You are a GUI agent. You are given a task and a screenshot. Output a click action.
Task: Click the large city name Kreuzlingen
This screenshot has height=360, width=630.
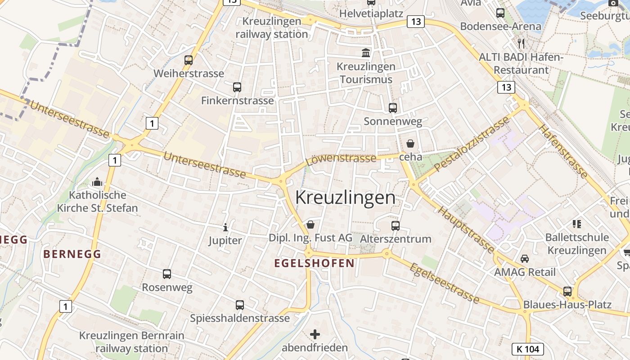pos(345,198)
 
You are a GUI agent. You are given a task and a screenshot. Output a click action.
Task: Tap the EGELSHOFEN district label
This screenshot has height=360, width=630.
pos(315,263)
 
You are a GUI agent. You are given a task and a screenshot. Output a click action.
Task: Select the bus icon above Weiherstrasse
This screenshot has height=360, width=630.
pos(189,60)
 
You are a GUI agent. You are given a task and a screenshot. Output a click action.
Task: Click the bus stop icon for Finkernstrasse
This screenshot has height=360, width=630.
pos(237,87)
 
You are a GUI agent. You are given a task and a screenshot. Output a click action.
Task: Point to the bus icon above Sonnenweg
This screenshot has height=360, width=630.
pos(393,108)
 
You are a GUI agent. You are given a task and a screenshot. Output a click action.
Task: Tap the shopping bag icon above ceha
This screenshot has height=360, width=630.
pos(410,144)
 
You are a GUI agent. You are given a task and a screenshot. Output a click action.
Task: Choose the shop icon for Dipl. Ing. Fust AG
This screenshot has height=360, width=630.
pos(310,224)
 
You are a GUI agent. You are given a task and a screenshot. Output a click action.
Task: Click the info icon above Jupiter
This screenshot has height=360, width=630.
pos(225,227)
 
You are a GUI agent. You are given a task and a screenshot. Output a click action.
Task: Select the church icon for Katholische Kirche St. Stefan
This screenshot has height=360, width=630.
pos(97,182)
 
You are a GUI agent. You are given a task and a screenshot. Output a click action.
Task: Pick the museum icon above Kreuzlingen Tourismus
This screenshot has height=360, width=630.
pos(366,53)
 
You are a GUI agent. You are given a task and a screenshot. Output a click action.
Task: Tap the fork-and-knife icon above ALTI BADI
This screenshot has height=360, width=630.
pos(521,43)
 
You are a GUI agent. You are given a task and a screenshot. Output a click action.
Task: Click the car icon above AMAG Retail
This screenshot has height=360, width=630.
pos(525,258)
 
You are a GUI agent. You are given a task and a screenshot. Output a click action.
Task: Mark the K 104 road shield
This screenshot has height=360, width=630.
pos(528,349)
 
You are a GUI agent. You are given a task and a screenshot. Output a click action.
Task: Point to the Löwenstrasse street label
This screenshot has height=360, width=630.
pos(341,158)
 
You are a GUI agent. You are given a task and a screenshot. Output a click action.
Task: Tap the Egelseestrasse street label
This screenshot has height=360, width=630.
pos(444,283)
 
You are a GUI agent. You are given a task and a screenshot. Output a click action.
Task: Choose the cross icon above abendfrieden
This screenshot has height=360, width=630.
pos(315,334)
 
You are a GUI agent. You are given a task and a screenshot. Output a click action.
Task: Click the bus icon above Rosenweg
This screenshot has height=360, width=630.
pos(167,274)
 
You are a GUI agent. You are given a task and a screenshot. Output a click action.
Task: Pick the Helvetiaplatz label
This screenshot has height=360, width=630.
pos(371,13)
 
